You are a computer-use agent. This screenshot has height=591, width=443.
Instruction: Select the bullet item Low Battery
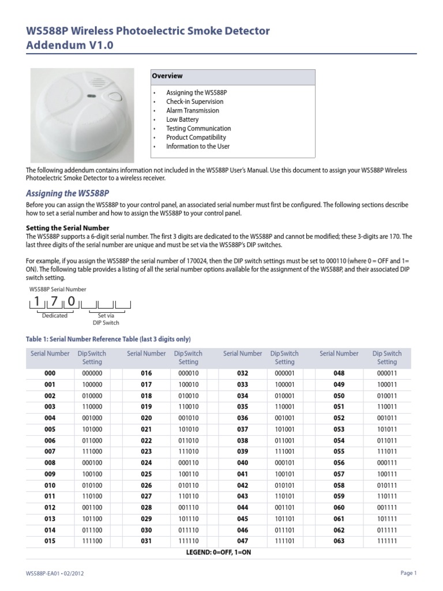182,119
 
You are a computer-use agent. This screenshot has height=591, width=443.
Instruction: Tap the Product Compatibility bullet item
196,137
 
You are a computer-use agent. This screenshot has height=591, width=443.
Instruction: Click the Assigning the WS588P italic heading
67,193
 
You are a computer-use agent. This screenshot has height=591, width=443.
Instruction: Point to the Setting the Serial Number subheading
67,228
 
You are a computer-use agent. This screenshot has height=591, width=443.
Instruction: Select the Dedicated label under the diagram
55,316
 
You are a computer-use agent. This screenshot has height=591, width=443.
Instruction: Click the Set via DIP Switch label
106,319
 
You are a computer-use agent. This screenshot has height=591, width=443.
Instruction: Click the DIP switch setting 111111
386,541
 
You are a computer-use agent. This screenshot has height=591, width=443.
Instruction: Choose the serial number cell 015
50,541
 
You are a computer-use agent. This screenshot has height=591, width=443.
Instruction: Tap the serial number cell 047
242,541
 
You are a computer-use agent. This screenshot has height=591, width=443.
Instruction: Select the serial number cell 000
50,373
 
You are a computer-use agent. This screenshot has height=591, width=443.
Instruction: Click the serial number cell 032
242,373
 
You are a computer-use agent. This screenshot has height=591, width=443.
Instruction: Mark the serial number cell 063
339,541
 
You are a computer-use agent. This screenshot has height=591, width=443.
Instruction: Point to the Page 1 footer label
408,573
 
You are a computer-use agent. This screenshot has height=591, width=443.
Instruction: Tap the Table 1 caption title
108,339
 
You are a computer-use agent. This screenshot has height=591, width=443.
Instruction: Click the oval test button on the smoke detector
115,96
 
